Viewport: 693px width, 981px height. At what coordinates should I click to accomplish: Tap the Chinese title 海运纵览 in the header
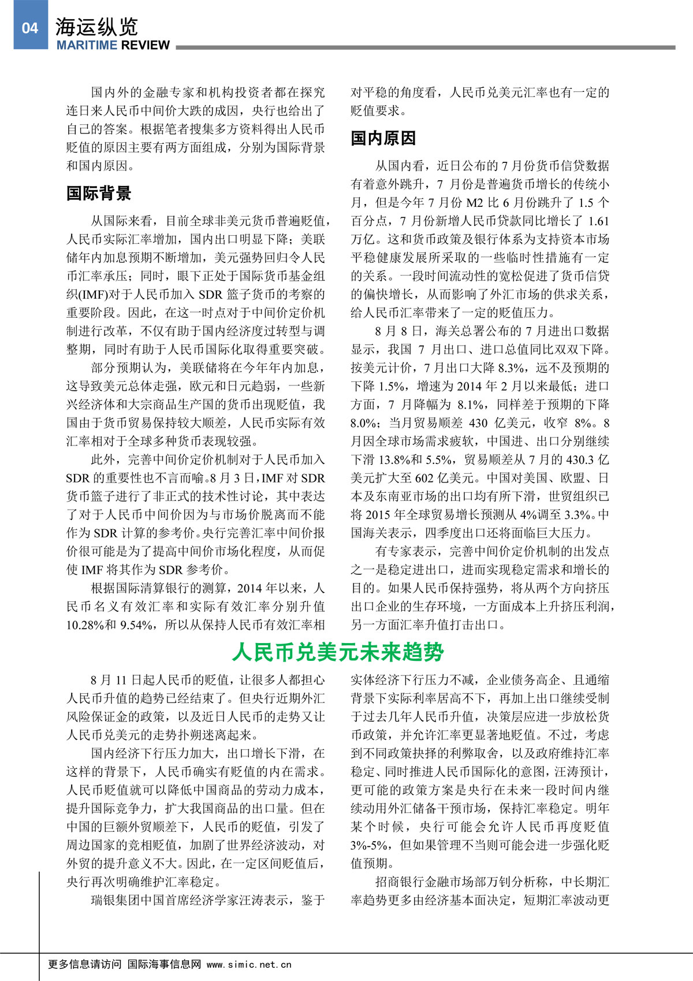point(96,27)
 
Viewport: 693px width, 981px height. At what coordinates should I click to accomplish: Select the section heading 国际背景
point(99,194)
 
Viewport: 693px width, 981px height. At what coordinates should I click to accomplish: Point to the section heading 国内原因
point(383,138)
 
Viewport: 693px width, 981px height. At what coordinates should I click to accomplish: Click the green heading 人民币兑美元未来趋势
point(338,652)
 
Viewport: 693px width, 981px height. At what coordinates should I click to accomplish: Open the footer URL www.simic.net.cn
point(249,964)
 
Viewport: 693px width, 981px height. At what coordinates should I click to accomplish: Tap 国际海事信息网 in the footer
point(164,964)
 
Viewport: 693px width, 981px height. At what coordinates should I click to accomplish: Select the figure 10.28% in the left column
point(84,625)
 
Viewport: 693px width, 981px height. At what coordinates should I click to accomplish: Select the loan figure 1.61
point(598,221)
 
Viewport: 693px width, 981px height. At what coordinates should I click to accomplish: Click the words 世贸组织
point(572,497)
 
